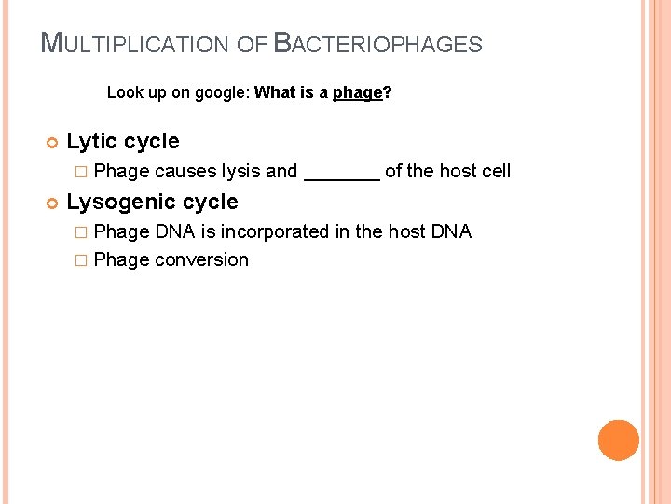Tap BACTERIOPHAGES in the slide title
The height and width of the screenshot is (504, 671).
point(379,43)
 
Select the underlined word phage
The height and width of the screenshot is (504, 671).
point(358,92)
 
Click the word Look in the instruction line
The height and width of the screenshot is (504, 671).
point(123,92)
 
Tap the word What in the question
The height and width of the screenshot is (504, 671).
point(274,92)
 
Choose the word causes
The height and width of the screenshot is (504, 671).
point(185,171)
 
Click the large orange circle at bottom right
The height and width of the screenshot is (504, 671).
point(619,441)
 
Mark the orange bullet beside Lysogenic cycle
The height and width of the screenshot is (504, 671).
point(51,203)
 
